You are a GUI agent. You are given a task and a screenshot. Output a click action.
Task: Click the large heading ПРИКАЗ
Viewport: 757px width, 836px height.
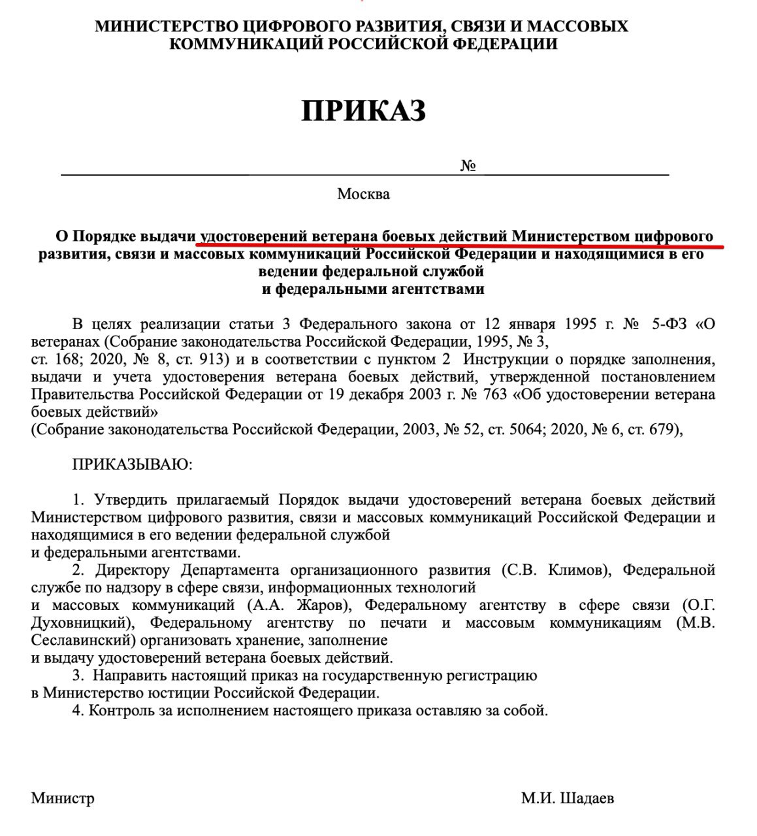pos(363,112)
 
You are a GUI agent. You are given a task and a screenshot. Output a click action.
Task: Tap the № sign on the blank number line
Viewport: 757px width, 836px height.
pos(468,166)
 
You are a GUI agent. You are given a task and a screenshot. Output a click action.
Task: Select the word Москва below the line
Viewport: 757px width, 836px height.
pos(363,194)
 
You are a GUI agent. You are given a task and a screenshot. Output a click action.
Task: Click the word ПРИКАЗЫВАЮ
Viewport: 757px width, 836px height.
pos(132,465)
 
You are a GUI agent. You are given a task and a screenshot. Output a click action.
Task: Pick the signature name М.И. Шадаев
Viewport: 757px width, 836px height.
pos(568,799)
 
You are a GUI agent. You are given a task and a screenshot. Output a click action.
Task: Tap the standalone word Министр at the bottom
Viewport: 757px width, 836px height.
pos(63,799)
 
